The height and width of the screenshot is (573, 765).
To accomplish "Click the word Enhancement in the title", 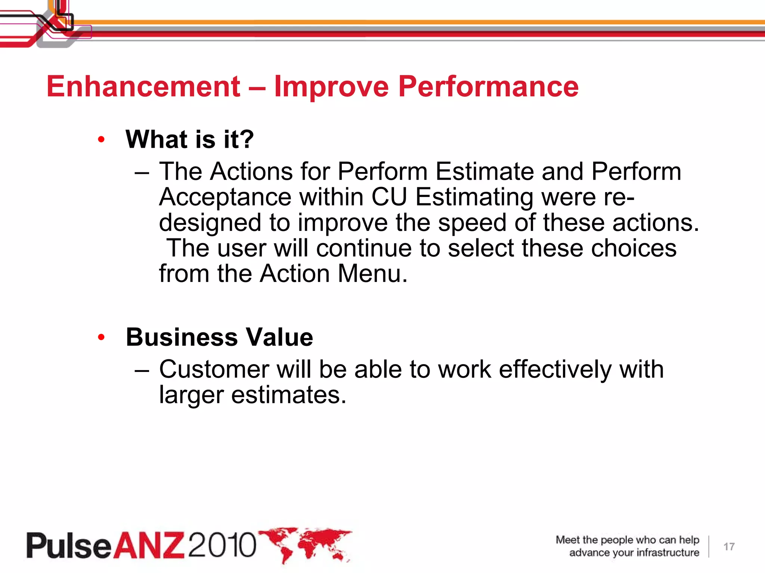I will pos(143,87).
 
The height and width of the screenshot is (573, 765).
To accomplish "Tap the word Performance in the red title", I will pos(488,87).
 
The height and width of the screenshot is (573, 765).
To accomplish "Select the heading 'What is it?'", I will pos(190,139).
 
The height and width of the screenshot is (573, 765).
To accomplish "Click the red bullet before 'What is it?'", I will pos(101,140).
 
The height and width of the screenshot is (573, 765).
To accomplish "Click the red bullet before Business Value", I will pos(101,337).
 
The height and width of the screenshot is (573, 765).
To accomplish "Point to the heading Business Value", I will pos(219,337).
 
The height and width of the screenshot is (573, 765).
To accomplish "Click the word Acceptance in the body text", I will pos(225,197).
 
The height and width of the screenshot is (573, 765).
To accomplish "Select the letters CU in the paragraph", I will pos(389,197).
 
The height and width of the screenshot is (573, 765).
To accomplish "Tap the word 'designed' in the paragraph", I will pos(210,223).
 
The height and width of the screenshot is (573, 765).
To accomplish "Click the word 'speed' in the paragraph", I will pos(472,223).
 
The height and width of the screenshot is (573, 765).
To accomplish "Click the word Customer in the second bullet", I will pos(214,369).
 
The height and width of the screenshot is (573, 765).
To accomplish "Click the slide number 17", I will pos(729,547).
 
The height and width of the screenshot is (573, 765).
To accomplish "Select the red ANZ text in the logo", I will pos(149,545).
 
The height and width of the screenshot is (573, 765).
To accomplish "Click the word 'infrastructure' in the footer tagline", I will pos(668,552).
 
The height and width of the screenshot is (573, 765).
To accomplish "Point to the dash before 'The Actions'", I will pos(142,173).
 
